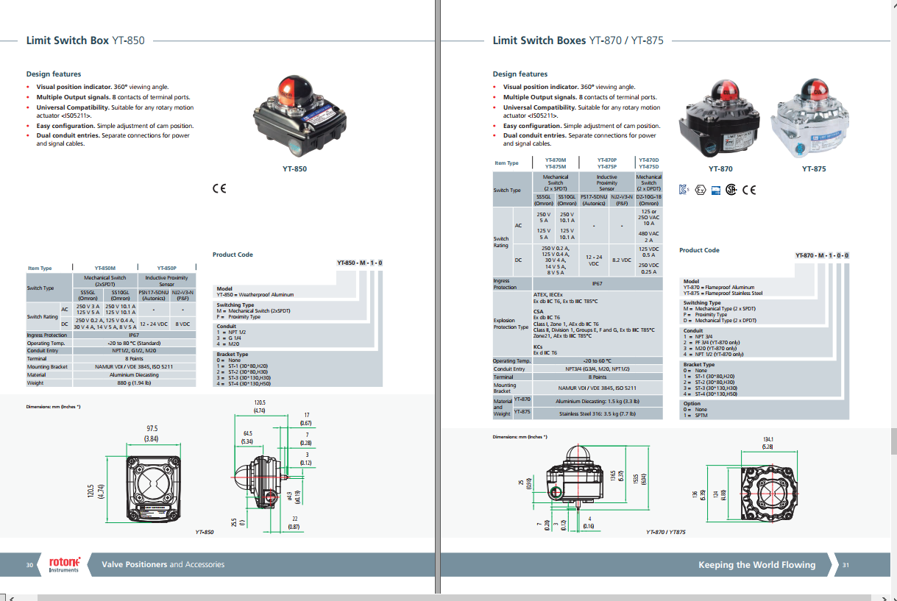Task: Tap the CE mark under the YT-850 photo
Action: [219, 188]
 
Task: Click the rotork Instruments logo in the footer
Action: [64, 564]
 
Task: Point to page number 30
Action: [29, 565]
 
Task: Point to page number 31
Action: [846, 565]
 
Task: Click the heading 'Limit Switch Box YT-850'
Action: [85, 40]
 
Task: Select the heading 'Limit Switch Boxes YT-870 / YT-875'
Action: [578, 40]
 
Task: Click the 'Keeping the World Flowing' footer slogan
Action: [756, 565]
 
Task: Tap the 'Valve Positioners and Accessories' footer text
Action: [163, 565]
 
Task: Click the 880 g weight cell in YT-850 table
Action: [134, 383]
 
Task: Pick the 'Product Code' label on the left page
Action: [233, 255]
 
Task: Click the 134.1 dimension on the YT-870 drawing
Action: [767, 441]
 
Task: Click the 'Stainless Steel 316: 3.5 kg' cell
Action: [596, 413]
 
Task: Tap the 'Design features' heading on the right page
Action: [520, 74]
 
